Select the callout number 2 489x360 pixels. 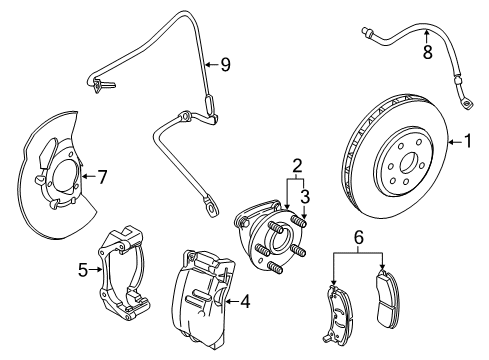click(297, 164)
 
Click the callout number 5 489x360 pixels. click(84, 268)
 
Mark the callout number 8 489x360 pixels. click(427, 53)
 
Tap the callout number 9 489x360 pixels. click(226, 66)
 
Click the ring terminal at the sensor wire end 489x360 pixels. click(212, 207)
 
